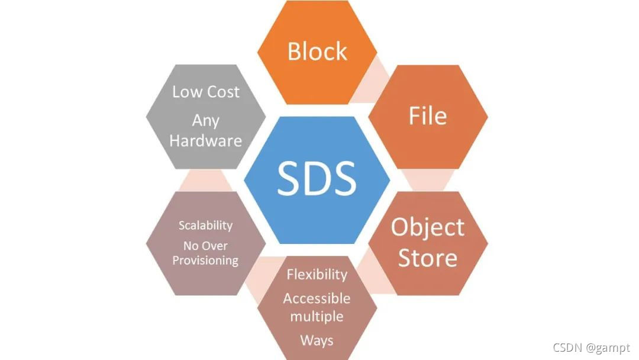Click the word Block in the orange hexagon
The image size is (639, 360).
point(317,52)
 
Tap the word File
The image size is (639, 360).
point(428,116)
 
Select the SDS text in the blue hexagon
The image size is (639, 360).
point(317,179)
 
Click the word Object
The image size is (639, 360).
point(428,227)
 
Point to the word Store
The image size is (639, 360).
point(428,258)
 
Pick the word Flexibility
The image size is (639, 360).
point(317,275)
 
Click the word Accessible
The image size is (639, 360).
point(317,298)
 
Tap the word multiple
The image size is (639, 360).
point(317,316)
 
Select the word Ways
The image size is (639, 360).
point(317,340)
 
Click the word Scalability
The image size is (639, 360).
point(205,226)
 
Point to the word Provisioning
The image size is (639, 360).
point(205,261)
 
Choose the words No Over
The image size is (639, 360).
point(205,246)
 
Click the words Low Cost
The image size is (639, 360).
point(205,92)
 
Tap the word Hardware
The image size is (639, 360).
point(205,141)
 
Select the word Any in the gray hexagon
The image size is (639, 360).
point(205,121)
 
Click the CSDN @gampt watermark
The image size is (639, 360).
point(591,348)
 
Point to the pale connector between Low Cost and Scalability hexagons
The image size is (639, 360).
point(205,179)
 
